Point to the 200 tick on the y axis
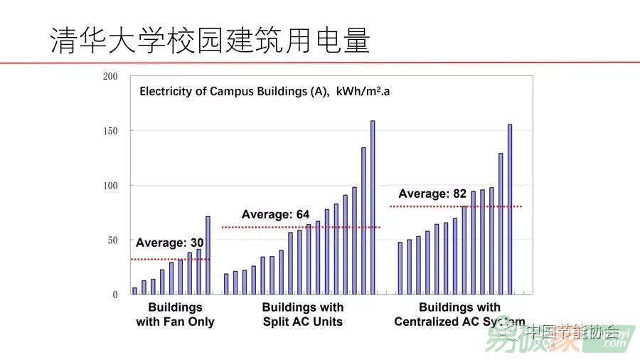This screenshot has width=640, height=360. coord(110,76)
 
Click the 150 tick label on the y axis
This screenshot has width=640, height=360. coord(110,131)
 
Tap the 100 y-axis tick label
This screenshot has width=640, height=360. coord(110,186)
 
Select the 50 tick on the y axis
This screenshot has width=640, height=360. coord(112,240)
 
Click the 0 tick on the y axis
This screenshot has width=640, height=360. coord(114,295)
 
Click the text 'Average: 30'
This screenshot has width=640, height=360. coord(169,243)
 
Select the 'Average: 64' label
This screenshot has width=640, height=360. coord(275,214)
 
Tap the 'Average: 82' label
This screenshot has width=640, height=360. coord(432,194)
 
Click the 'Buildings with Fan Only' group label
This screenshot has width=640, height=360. coord(175,314)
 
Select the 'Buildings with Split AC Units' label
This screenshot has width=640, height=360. coord(302,314)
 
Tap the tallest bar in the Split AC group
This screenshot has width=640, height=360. coord(373,207)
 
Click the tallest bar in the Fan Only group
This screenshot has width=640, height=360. coord(208,255)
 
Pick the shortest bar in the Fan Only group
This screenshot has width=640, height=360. coord(134,291)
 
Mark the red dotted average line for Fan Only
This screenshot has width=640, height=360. coord(171,259)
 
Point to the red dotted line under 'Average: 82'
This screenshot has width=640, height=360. coord(455,206)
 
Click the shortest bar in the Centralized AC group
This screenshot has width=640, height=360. coord(400,268)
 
